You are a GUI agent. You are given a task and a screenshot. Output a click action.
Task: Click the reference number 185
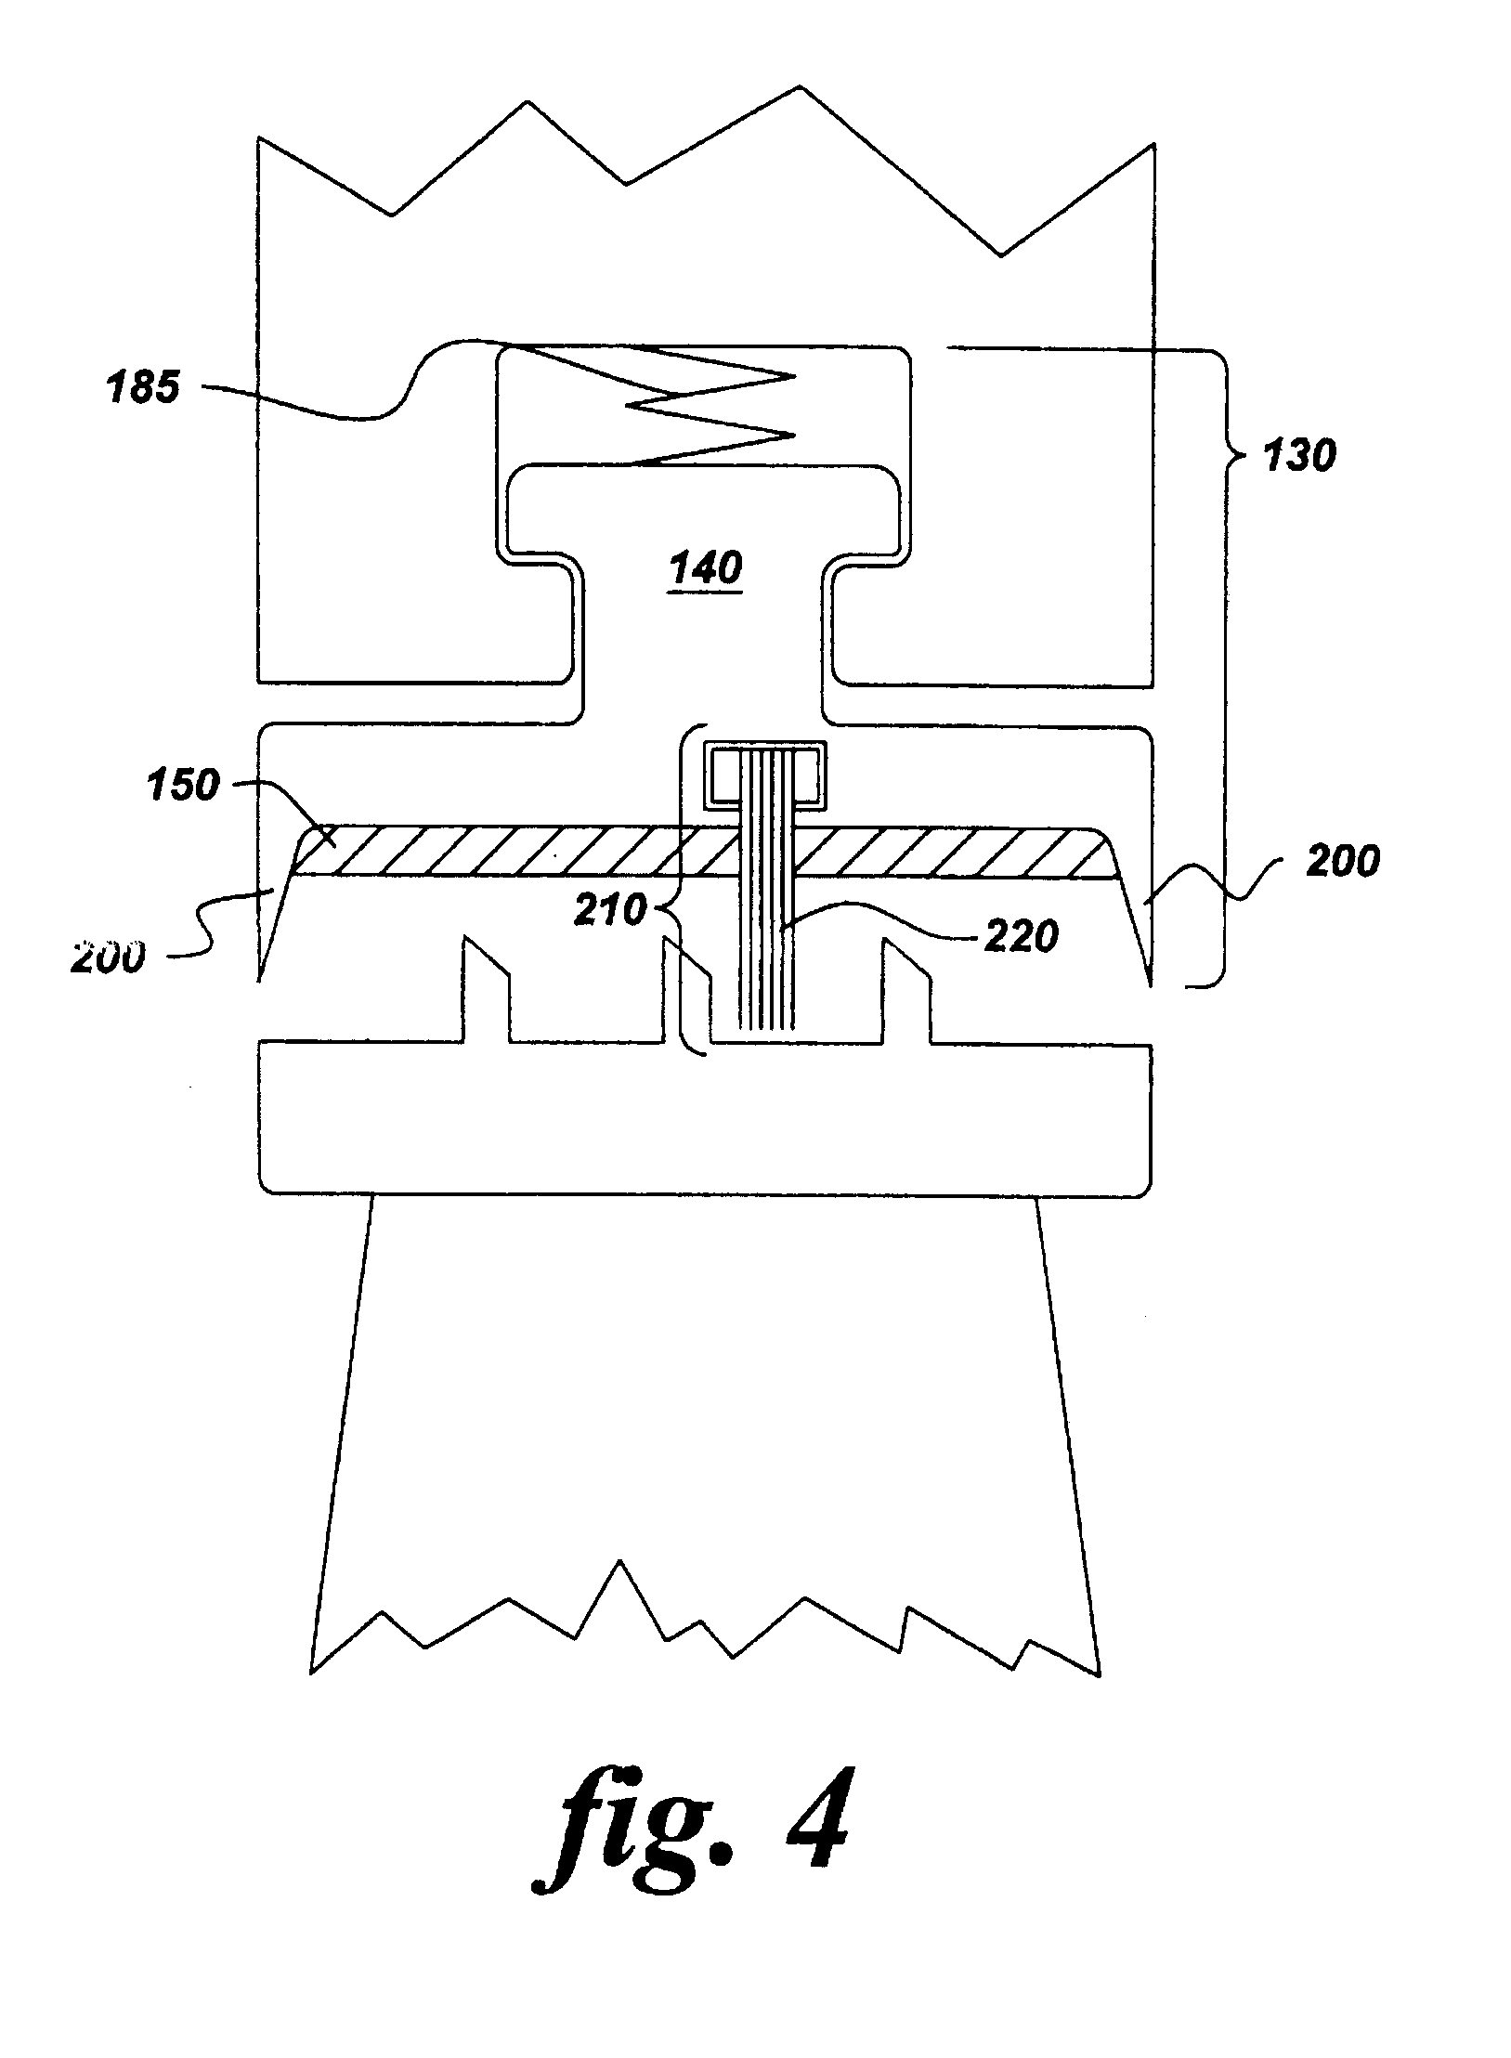click(142, 386)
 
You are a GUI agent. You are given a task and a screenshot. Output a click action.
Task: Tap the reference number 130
click(1297, 456)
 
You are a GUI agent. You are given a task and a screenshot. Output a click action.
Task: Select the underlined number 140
click(706, 568)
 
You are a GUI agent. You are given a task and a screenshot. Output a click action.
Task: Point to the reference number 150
click(182, 786)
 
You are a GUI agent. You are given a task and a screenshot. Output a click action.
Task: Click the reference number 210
click(610, 910)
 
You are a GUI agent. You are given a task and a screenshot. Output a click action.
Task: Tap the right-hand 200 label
click(1342, 862)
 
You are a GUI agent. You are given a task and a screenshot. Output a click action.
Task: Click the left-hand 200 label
click(108, 957)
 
